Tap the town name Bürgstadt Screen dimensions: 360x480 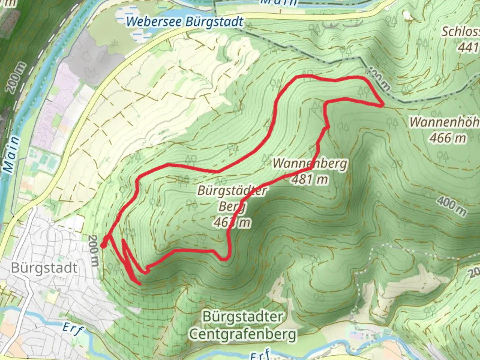[x=44, y=268]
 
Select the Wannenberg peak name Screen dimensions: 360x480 [x=310, y=163]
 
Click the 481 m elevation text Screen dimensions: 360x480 [x=310, y=179]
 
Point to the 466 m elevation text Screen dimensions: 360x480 [x=448, y=138]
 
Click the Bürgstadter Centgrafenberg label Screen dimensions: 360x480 [x=243, y=325]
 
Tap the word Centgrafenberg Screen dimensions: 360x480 [x=243, y=334]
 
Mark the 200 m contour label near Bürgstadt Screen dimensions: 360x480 [x=94, y=251]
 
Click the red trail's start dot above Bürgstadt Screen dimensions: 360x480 [x=103, y=246]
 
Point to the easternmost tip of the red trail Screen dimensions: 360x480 [x=382, y=105]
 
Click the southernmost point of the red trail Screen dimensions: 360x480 [x=140, y=284]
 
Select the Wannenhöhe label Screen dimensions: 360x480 [x=445, y=122]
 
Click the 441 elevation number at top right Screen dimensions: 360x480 [x=469, y=48]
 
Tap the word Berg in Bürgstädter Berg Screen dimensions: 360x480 [x=232, y=207]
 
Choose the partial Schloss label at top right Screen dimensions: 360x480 [x=461, y=32]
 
